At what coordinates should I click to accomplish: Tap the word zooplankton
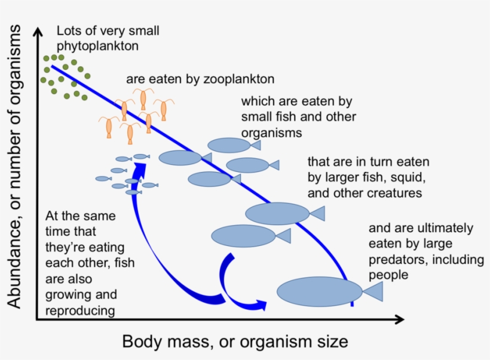[241, 79]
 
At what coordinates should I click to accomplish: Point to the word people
[388, 275]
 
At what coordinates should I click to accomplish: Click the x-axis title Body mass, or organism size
[235, 342]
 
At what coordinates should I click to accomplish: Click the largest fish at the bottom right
[320, 291]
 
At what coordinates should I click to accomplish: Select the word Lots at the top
[69, 30]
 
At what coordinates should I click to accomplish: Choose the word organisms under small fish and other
[272, 132]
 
